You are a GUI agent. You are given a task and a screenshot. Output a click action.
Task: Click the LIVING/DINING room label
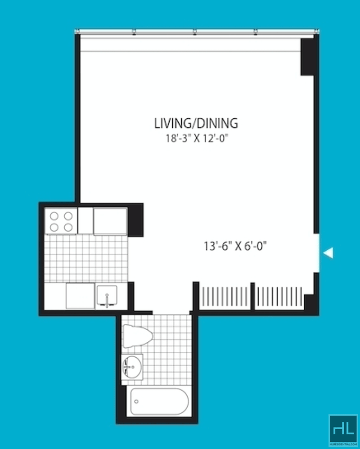point(196,123)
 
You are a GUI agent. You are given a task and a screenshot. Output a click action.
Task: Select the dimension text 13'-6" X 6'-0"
point(235,246)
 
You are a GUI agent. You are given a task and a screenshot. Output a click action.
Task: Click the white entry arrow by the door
point(328,253)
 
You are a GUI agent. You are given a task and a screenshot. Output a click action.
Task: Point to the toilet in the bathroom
point(137,336)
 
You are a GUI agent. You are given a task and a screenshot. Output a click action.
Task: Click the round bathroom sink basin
point(132,367)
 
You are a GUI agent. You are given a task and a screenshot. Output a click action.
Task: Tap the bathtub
point(159,401)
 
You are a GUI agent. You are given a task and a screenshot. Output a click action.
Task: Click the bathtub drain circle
point(136,401)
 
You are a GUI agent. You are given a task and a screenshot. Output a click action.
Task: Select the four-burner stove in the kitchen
point(61,221)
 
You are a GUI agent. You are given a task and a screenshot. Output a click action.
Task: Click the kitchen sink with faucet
point(107,296)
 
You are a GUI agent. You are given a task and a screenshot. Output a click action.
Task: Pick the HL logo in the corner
point(343,430)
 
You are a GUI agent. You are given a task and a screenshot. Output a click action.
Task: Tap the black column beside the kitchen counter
point(135,220)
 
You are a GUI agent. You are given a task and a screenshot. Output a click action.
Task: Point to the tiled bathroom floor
point(167,350)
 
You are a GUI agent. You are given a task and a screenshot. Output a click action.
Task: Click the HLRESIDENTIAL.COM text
point(343,444)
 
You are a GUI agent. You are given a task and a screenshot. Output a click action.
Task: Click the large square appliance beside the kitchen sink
point(80,296)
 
